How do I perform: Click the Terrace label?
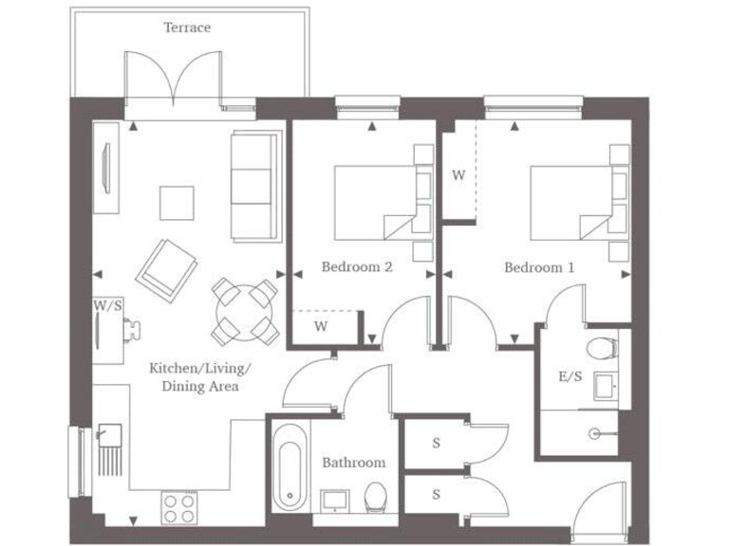[x=187, y=27]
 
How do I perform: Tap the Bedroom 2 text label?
[x=357, y=267]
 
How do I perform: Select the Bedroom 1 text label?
[x=539, y=267]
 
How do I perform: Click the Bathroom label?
[x=353, y=463]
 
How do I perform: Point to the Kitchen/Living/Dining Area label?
[x=199, y=376]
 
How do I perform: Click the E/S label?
[x=570, y=376]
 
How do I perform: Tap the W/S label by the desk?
[x=107, y=306]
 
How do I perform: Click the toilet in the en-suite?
[x=602, y=347]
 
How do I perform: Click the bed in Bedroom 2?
[x=375, y=202]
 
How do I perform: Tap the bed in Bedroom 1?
[x=570, y=202]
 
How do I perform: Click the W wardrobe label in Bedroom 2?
[x=321, y=327]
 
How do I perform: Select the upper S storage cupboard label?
[x=436, y=444]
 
